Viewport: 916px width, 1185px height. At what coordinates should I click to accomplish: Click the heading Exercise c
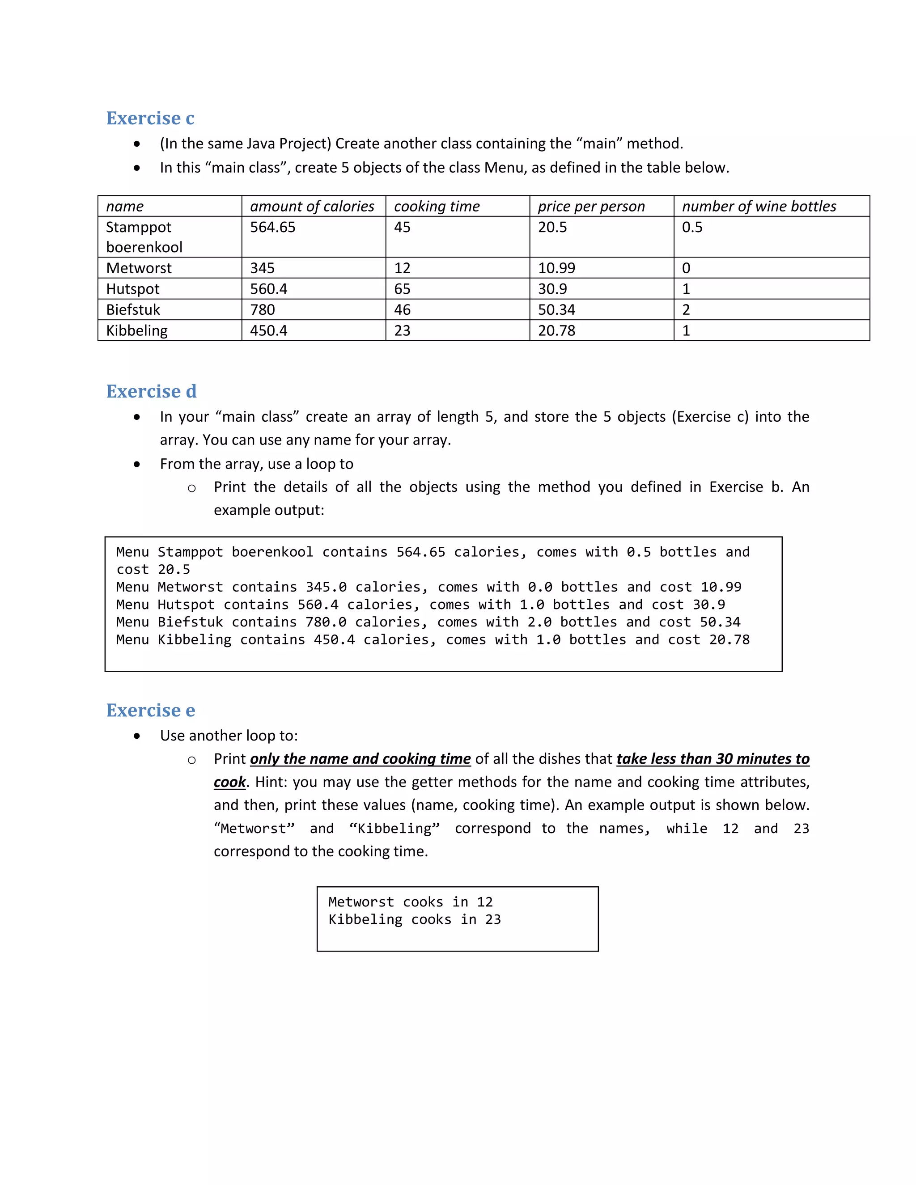click(150, 118)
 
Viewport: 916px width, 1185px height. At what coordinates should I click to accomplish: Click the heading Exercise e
click(150, 710)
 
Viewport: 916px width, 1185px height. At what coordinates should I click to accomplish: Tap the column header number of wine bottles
click(759, 206)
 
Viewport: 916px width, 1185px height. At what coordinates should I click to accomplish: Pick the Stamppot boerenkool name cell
click(144, 237)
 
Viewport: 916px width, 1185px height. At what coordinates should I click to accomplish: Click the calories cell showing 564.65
click(272, 227)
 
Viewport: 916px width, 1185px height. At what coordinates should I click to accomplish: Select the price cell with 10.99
click(556, 268)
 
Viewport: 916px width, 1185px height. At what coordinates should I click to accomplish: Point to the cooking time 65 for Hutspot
click(402, 289)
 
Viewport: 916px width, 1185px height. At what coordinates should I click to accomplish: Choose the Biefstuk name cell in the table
click(133, 310)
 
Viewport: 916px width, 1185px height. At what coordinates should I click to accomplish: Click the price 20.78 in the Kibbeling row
click(556, 330)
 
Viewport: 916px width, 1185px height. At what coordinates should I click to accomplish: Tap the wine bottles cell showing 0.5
click(692, 227)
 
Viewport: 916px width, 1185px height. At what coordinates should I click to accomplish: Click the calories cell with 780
click(262, 310)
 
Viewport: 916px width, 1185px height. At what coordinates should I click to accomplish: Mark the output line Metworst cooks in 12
click(410, 902)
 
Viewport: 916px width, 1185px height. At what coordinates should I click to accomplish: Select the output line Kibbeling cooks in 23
click(414, 919)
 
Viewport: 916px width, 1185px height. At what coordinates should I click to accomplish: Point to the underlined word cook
click(229, 782)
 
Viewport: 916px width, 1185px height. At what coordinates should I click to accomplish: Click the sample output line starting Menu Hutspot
click(420, 605)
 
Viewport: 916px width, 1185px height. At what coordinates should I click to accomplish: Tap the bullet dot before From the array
click(137, 464)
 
